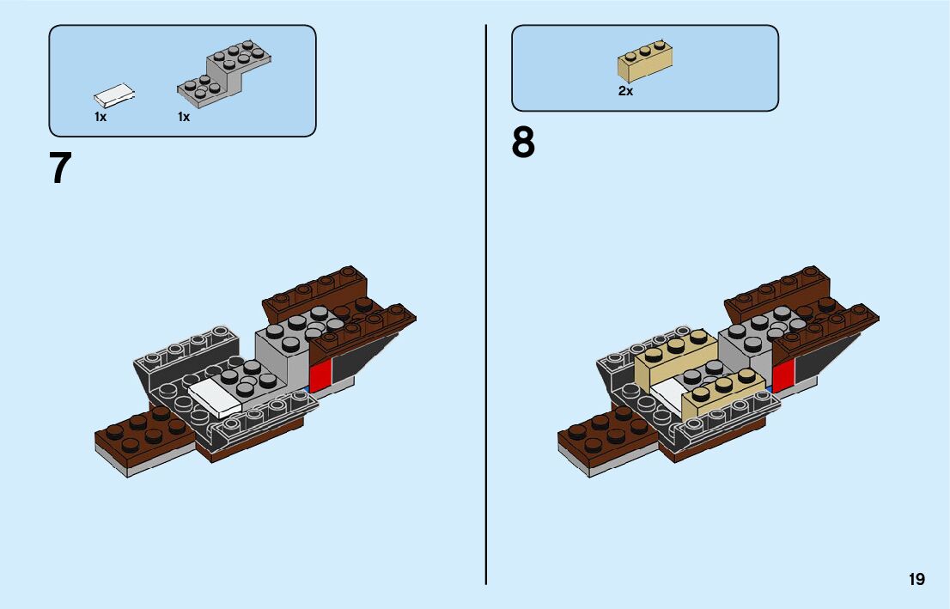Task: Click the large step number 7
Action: [x=60, y=168]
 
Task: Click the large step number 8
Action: [x=523, y=143]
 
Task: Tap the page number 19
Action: [x=917, y=579]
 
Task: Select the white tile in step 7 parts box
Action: [x=114, y=94]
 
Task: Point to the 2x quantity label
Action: [x=625, y=91]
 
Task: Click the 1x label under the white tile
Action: [x=100, y=118]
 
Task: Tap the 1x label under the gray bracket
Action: [x=184, y=118]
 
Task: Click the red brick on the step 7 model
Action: [x=320, y=375]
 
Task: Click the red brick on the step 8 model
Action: [x=783, y=375]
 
